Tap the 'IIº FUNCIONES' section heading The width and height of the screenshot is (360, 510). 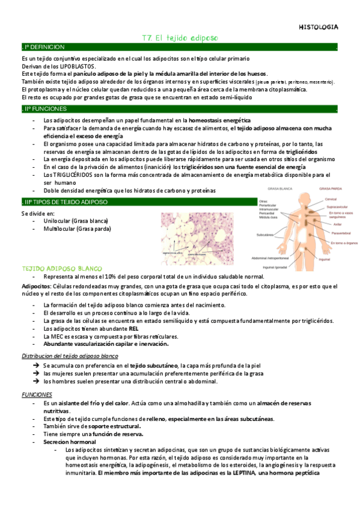point(40,109)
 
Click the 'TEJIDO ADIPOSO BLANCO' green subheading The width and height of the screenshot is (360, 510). point(63,268)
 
